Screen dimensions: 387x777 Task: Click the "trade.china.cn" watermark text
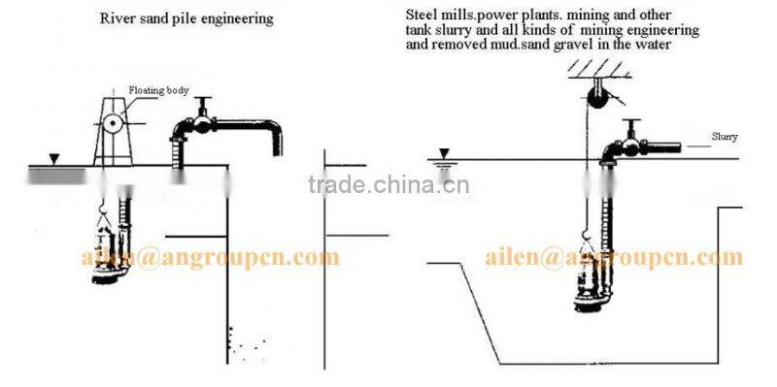(x=388, y=186)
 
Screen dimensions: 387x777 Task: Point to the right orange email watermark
(x=613, y=257)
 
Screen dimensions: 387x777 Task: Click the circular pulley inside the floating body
(x=115, y=125)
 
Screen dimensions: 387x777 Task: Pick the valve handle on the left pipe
(x=204, y=104)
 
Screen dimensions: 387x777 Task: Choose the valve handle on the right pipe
(x=633, y=123)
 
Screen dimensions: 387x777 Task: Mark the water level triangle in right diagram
(x=444, y=153)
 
